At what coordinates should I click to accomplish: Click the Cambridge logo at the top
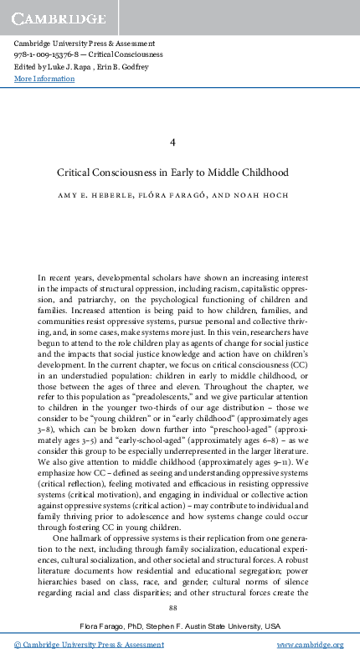pyautogui.click(x=59, y=16)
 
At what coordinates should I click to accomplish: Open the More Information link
pyautogui.click(x=44, y=79)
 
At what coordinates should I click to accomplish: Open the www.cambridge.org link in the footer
pyautogui.click(x=311, y=645)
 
